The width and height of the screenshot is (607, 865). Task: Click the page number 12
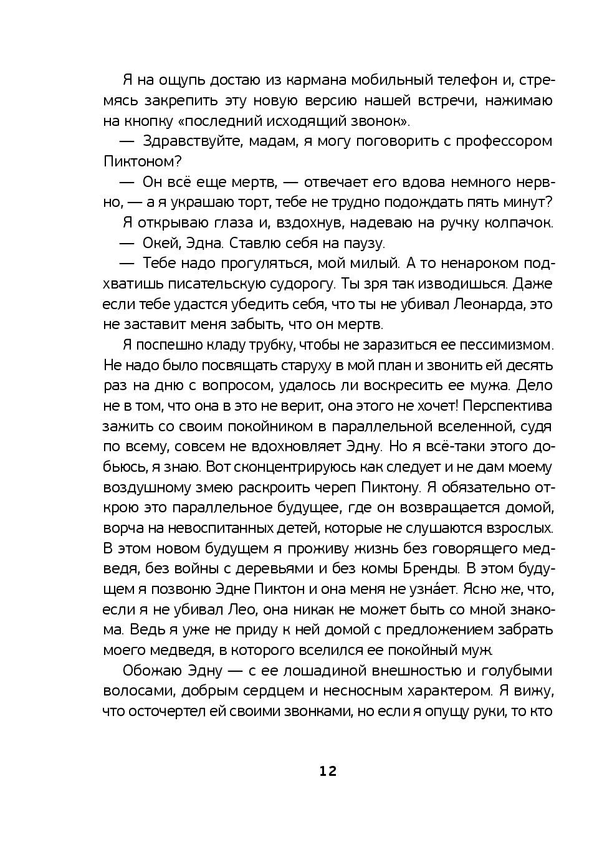(x=328, y=771)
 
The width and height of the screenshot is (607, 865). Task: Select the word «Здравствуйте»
(x=192, y=141)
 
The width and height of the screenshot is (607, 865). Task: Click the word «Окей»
(x=162, y=243)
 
